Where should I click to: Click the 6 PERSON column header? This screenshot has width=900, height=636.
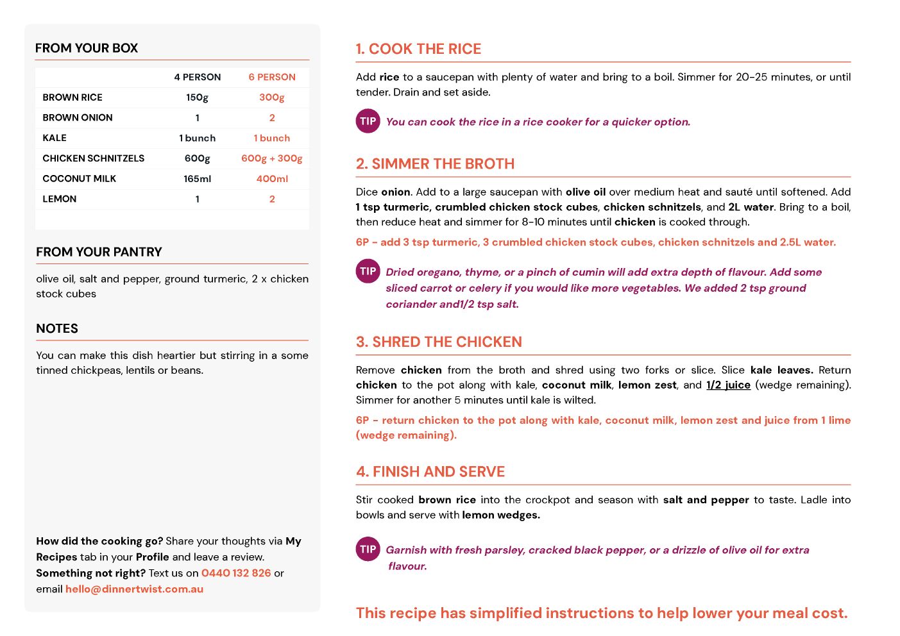(272, 77)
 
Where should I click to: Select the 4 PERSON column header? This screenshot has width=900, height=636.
(197, 77)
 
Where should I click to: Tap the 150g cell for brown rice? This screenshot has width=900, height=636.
(197, 97)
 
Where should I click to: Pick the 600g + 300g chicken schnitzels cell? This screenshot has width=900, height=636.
(271, 158)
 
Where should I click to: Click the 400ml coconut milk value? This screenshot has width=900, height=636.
(272, 179)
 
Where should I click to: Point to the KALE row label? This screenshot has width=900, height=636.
(55, 138)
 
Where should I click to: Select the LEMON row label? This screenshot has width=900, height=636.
(60, 199)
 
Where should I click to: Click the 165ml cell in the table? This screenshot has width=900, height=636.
(197, 179)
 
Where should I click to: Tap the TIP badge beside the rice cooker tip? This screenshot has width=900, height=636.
(368, 121)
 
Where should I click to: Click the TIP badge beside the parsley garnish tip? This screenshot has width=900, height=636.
(368, 549)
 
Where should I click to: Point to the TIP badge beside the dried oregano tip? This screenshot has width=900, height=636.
(368, 271)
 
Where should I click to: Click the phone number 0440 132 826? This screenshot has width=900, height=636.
(236, 573)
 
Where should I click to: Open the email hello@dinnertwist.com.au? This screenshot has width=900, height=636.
(134, 589)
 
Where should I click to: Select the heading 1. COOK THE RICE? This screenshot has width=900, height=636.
(418, 49)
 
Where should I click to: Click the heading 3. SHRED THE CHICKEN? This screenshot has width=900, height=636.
(439, 342)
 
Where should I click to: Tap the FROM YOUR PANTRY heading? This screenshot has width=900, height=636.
(99, 253)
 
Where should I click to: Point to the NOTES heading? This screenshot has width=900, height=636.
(57, 329)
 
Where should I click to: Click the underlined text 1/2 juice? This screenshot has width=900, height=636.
(728, 385)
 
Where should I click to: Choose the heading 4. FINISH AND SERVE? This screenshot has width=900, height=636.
(430, 472)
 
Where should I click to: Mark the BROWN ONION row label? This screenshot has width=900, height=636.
(78, 118)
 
